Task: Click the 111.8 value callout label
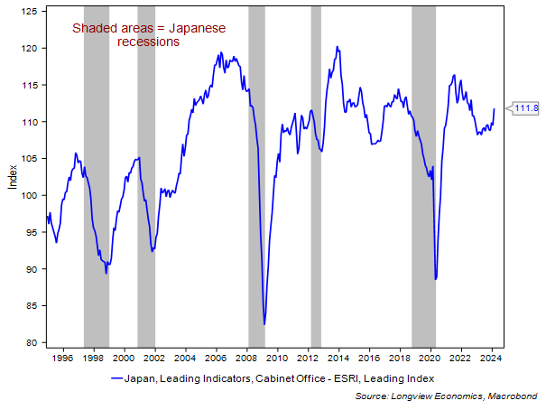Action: [x=526, y=109]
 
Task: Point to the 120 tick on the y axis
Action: [x=31, y=48]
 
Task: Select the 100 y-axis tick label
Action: [x=31, y=195]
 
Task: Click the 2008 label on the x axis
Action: [x=245, y=359]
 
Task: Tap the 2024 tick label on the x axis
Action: [x=492, y=359]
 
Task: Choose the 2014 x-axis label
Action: [x=338, y=359]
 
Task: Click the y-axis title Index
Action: [x=12, y=175]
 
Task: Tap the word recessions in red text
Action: [x=148, y=42]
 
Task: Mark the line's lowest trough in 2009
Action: [x=264, y=323]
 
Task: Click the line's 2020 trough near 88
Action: [x=436, y=279]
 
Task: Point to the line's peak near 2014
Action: [x=337, y=47]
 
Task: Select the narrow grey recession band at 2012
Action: [x=316, y=181]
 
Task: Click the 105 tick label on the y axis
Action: [x=31, y=159]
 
